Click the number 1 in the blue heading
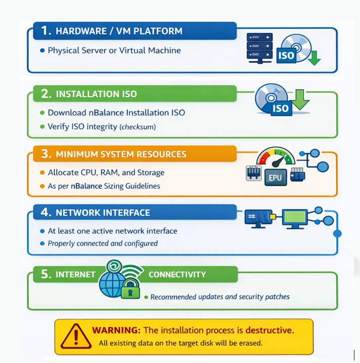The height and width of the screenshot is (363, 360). coord(46,31)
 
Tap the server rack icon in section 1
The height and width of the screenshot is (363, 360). coord(259,48)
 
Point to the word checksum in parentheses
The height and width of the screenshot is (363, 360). coord(138,127)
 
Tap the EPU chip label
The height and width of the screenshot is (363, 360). coord(275,178)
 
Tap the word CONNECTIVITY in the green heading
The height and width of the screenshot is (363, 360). coord(177,274)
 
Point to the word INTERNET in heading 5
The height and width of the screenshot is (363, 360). coord(75,274)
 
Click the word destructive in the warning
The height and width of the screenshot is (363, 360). coord(269,330)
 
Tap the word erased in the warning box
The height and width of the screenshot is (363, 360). coord(250,343)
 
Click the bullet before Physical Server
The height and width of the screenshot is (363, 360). coord(42,51)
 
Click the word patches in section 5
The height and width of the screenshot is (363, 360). coord(276,297)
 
